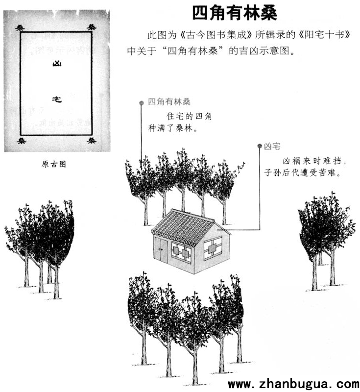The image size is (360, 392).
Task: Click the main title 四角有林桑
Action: pyautogui.click(x=235, y=13)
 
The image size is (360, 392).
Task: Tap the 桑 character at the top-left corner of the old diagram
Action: pyautogui.click(x=20, y=27)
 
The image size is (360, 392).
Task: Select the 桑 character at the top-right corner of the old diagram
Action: pyautogui.click(x=92, y=27)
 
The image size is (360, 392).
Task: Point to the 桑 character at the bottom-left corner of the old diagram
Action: pyautogui.click(x=22, y=141)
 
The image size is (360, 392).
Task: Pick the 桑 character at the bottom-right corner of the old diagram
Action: pyautogui.click(x=92, y=140)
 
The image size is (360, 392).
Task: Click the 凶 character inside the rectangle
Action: pyautogui.click(x=57, y=64)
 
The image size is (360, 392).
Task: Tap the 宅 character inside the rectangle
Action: pyautogui.click(x=57, y=99)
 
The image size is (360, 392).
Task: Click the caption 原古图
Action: pyautogui.click(x=54, y=164)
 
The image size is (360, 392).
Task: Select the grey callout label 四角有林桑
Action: pyautogui.click(x=169, y=102)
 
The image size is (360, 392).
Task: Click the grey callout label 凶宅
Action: pyautogui.click(x=272, y=146)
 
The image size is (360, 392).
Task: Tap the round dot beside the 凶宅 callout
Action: pyautogui.click(x=260, y=146)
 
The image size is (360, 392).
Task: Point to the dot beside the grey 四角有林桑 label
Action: pyautogui.click(x=142, y=103)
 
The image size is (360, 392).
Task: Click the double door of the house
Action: pyautogui.click(x=161, y=250)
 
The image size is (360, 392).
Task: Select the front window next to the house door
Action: pyautogui.click(x=181, y=252)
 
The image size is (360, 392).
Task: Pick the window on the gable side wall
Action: pyautogui.click(x=213, y=248)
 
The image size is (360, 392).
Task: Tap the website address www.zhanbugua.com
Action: pyautogui.click(x=293, y=384)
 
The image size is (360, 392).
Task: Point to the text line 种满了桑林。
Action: pyautogui.click(x=172, y=128)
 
